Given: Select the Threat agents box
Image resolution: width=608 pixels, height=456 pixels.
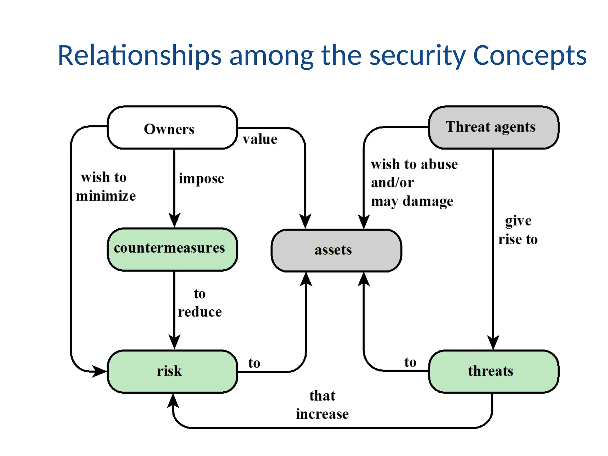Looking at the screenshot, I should point(493,127).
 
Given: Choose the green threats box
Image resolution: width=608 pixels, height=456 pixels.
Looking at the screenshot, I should point(493,371).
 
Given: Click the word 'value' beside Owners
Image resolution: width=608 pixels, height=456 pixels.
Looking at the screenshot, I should point(260,139).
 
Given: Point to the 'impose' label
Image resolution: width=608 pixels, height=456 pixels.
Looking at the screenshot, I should point(201,179).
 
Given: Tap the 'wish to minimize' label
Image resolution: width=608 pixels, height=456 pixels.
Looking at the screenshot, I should point(105,186).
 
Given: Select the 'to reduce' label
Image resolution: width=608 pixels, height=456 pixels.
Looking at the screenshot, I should point(199,303).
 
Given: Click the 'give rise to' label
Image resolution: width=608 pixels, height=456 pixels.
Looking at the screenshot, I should point(518,230).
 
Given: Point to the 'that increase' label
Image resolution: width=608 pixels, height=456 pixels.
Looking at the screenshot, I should point(322,405).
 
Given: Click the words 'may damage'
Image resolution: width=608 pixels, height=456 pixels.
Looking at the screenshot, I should point(412,201).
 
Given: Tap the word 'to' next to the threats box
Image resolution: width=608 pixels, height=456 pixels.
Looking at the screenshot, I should point(410,362).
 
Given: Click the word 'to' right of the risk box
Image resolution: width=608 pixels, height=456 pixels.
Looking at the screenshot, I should point(254,363).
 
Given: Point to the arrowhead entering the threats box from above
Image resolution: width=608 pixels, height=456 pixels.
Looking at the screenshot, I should point(493,343).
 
